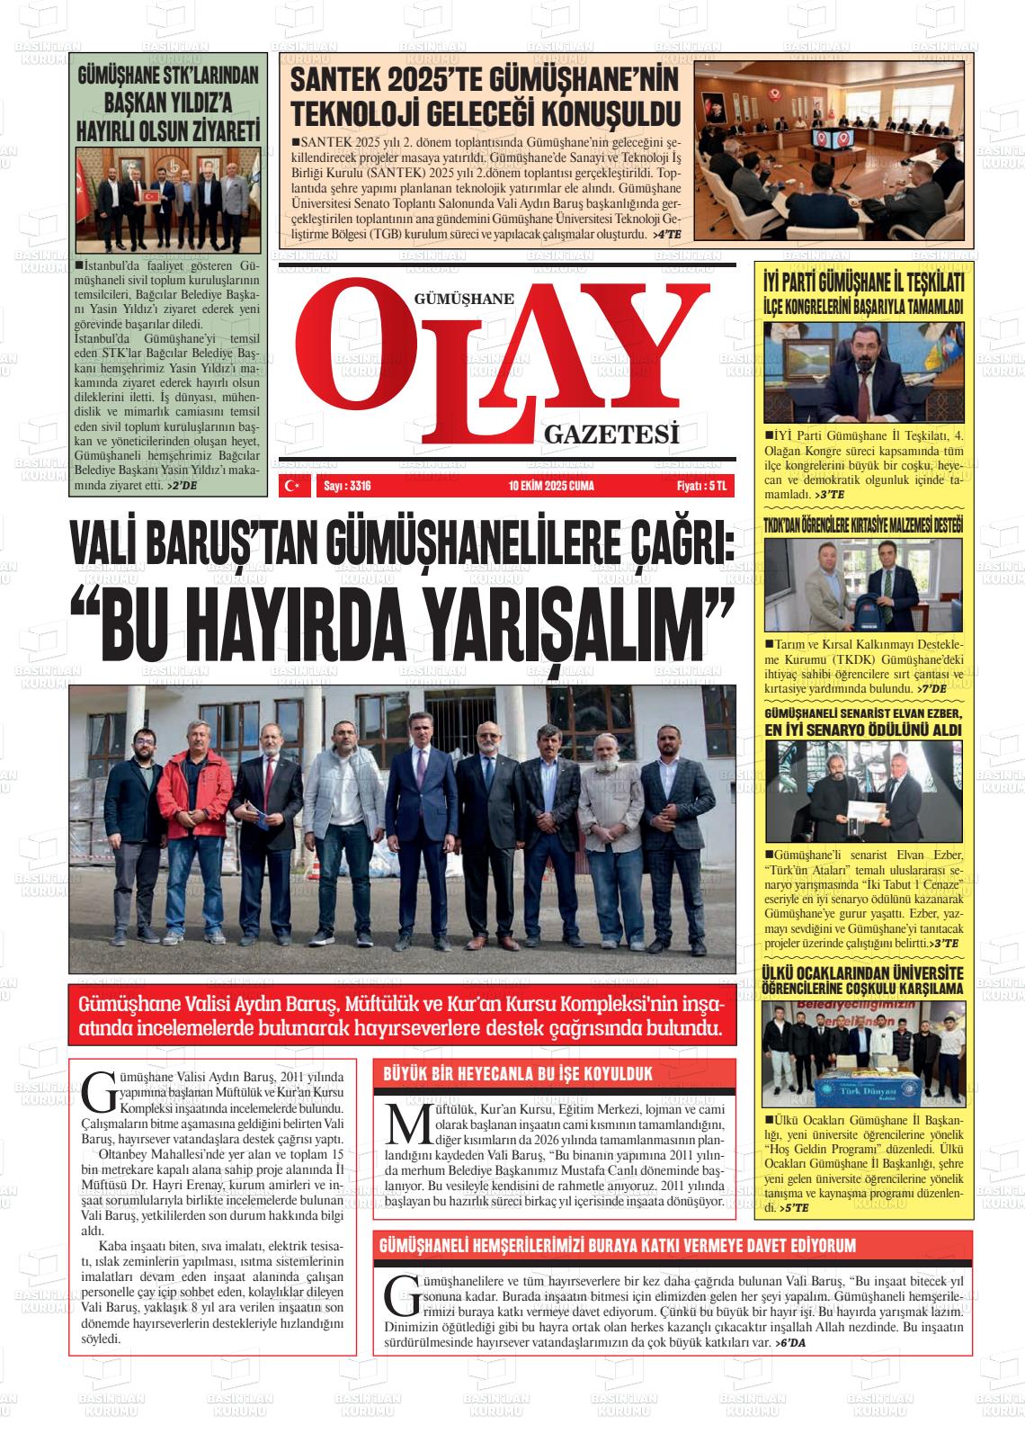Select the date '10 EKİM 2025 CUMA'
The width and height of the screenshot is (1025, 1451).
point(551,486)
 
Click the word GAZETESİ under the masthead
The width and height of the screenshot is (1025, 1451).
point(611,436)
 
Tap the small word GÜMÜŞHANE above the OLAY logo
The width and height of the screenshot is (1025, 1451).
point(464,299)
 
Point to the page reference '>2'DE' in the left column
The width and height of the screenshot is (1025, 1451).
point(183,486)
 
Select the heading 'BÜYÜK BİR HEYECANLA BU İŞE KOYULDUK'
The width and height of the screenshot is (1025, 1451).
point(518,1074)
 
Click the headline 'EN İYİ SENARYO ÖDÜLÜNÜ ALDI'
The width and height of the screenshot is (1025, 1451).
point(862,730)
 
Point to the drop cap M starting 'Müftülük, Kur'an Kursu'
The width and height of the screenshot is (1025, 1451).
point(398,1124)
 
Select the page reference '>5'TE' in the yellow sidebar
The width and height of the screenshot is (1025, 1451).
point(794,1208)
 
